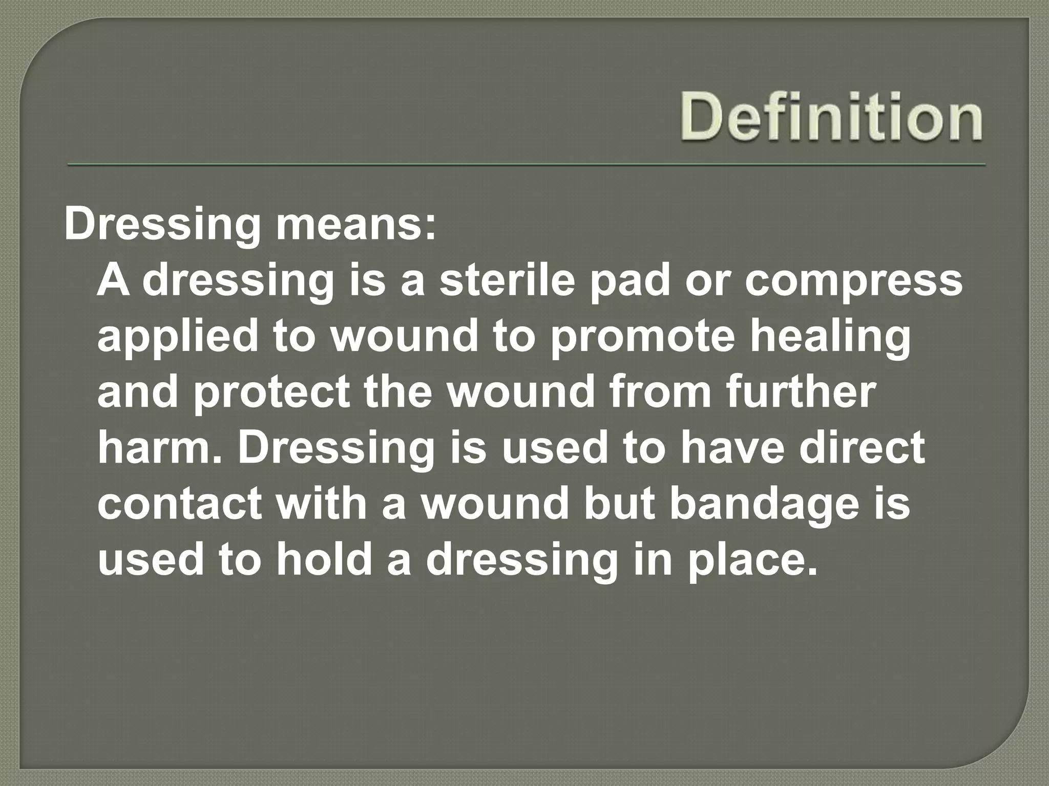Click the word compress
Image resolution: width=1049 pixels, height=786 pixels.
[x=853, y=283]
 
